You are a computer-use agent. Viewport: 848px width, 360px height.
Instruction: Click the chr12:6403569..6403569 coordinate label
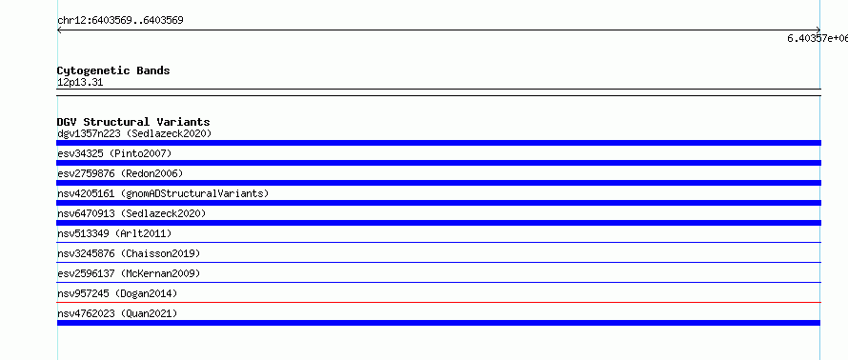coord(120,21)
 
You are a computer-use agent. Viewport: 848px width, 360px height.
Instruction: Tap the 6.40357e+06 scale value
coord(818,38)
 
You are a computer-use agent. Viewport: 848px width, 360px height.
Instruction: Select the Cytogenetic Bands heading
coord(113,70)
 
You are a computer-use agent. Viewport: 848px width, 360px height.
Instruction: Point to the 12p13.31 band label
coord(80,83)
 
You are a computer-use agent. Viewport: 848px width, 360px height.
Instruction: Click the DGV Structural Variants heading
coord(133,122)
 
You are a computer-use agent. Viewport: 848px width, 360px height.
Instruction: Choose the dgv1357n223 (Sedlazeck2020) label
coord(134,133)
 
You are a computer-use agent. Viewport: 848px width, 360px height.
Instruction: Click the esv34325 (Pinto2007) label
coord(114,153)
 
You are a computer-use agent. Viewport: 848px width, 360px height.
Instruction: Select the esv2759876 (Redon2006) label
coord(120,173)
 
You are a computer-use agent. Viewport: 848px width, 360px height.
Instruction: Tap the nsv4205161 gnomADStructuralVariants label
coord(163,193)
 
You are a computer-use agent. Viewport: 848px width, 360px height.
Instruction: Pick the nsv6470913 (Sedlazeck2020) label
coord(131,213)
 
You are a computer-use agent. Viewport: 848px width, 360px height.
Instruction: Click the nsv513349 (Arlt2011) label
coord(114,233)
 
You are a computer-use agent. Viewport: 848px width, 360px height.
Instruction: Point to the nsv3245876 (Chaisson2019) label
coord(129,253)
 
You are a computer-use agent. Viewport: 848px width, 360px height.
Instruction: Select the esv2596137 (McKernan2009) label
coord(129,273)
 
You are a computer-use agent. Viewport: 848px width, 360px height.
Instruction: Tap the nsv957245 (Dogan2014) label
coord(117,293)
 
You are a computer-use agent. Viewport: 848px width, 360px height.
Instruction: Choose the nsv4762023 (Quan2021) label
coord(117,313)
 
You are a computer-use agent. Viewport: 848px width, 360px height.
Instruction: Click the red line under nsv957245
coord(438,302)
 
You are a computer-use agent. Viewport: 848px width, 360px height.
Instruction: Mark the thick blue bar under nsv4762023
coord(438,323)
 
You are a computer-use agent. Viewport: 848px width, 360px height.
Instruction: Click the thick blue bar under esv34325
coord(438,163)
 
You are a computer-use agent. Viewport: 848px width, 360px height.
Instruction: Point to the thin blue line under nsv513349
coord(438,242)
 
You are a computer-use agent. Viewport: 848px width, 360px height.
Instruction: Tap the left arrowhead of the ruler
coord(59,30)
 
